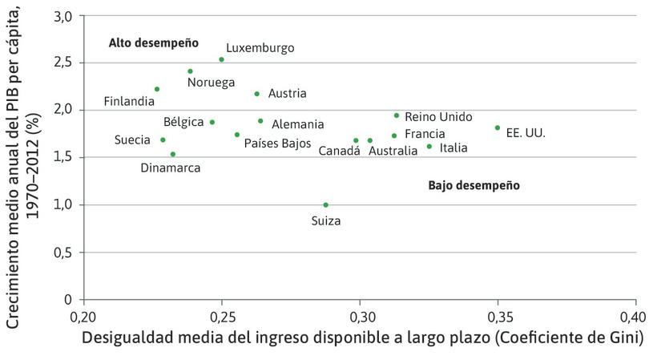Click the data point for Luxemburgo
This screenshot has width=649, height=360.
(x=222, y=59)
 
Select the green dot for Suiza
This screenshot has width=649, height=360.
(x=325, y=204)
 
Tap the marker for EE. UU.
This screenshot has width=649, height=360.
(x=498, y=127)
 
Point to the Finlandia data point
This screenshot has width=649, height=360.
(x=157, y=89)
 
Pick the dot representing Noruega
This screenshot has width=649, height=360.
(x=191, y=71)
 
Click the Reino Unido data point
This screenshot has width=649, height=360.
(x=397, y=115)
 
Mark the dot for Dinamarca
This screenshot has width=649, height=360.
(x=173, y=154)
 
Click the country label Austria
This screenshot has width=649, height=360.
(x=287, y=94)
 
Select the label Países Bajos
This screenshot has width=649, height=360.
(x=277, y=144)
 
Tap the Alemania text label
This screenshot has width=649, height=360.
(x=297, y=124)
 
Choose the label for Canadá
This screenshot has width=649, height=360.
(x=339, y=151)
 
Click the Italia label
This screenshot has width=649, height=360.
(x=453, y=148)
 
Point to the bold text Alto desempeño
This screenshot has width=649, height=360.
(x=153, y=42)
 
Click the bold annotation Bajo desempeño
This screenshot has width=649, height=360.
(x=474, y=185)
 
